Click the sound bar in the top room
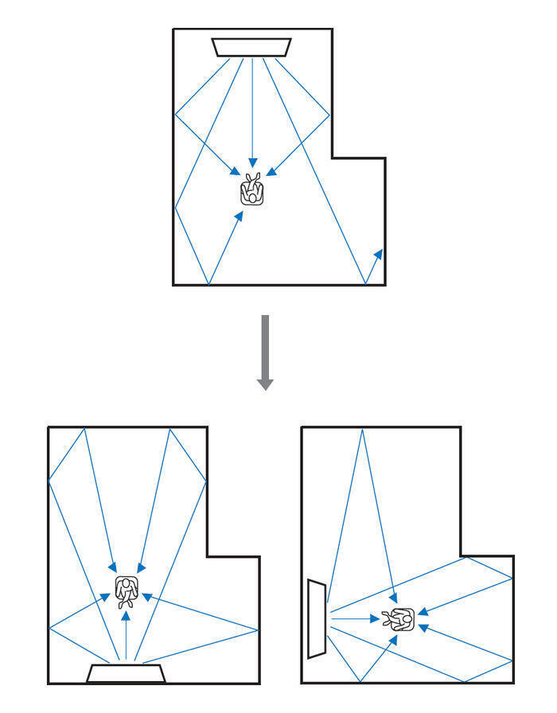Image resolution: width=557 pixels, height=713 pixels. click(x=251, y=47)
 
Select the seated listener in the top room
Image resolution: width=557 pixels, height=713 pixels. click(x=252, y=191)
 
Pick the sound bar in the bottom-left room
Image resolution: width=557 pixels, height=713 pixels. click(x=125, y=673)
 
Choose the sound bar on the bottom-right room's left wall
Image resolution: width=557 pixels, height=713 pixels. click(x=317, y=619)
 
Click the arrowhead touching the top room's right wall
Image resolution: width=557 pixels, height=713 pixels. click(x=379, y=254)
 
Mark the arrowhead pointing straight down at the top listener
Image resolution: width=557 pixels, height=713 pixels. click(x=252, y=161)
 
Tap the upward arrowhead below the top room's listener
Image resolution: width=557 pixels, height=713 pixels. click(x=239, y=216)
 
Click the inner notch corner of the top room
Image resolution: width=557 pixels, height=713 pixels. click(x=332, y=158)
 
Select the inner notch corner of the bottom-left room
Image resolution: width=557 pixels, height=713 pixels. click(x=207, y=556)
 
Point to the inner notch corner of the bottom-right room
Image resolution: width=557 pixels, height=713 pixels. click(x=462, y=556)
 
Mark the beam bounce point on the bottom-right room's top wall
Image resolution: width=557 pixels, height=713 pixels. click(x=363, y=428)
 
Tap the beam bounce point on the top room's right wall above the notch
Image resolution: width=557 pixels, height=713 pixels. click(x=330, y=114)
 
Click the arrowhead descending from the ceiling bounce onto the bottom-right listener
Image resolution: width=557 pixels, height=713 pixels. click(x=394, y=598)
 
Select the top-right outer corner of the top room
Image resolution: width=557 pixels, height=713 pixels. click(x=332, y=29)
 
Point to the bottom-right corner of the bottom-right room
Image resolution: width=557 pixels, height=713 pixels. click(x=513, y=683)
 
